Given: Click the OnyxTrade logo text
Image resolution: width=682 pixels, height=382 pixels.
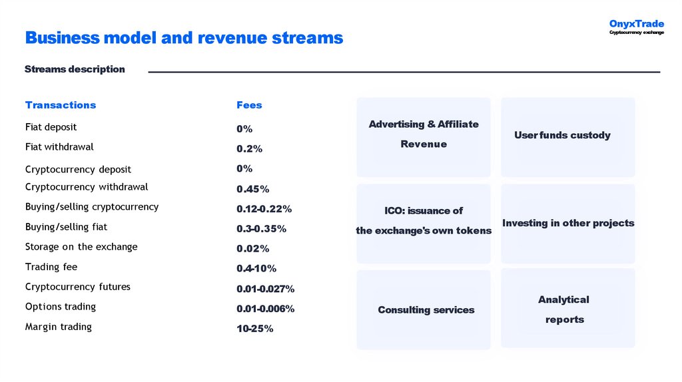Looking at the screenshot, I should [636, 25].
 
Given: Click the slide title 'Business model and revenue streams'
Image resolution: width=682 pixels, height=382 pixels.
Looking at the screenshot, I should [184, 38].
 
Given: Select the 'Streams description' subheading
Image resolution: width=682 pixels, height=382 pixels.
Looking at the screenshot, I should [75, 69].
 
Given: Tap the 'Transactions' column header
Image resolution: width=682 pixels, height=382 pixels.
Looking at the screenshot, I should [61, 105].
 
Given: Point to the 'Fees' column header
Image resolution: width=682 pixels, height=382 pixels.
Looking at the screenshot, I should [249, 105].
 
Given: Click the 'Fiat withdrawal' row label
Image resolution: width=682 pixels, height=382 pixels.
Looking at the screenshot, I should [59, 146].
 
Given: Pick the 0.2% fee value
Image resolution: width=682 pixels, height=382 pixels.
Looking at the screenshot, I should [249, 148].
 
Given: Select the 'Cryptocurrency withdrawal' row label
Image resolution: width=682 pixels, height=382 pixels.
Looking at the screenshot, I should [87, 187].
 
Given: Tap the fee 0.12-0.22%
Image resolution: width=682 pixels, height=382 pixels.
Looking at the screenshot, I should [264, 209].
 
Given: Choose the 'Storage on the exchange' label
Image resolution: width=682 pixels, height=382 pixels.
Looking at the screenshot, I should [81, 247].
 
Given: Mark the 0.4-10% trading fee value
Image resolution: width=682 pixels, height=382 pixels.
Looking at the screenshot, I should [256, 269].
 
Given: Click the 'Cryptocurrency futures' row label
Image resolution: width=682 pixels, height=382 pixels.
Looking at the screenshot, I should [78, 287].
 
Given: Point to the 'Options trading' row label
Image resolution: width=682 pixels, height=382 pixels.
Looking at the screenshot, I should [61, 307].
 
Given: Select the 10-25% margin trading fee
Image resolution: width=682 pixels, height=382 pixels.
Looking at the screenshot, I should [254, 329].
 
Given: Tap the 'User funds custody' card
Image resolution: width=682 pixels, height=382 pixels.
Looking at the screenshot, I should [567, 136].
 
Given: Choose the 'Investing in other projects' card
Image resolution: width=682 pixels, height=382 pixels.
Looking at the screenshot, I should [567, 224].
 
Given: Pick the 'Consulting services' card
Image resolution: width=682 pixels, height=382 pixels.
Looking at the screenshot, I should [424, 310].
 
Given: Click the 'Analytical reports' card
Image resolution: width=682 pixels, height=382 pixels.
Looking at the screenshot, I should [567, 309].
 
